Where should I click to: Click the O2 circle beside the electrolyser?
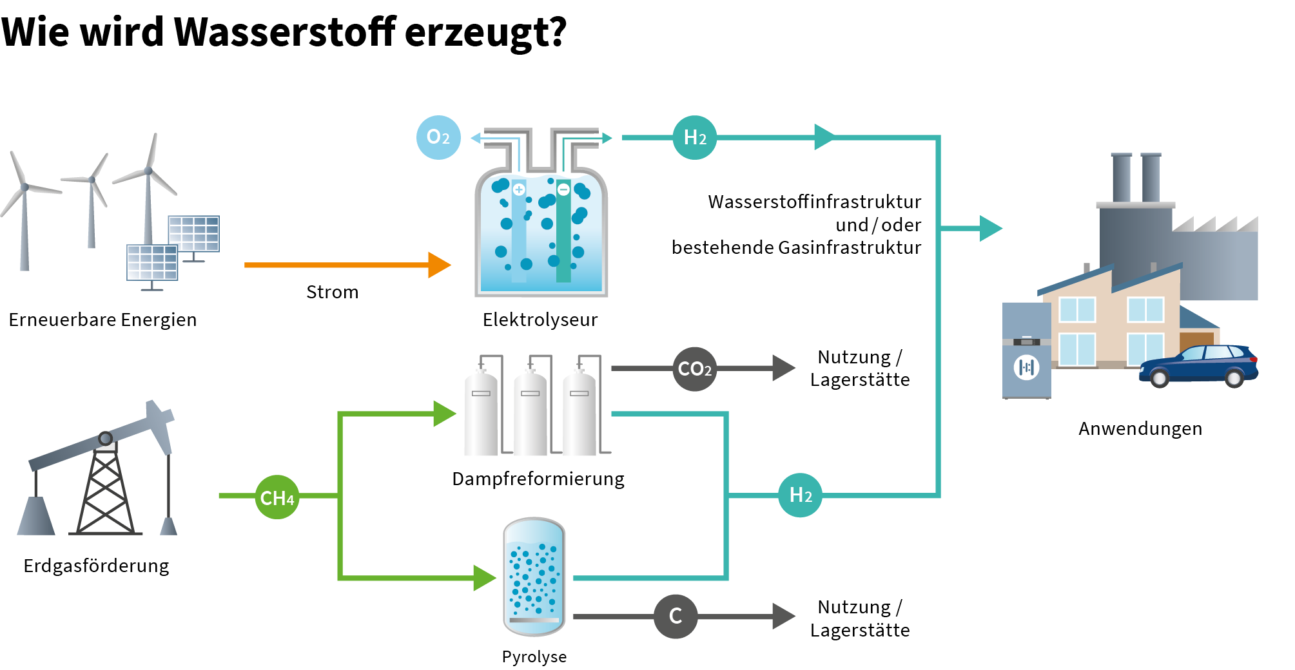point(438,137)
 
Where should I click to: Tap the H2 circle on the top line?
point(694,137)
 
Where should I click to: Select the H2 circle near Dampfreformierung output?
point(800,495)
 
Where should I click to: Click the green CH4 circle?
point(277,497)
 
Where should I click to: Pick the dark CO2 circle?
point(694,369)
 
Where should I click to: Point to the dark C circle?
point(675,617)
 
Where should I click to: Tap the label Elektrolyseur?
point(540,320)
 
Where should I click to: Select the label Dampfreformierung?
point(538,479)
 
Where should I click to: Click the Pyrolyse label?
point(534,656)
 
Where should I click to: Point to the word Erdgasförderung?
point(96,566)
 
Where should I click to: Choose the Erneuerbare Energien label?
point(102,320)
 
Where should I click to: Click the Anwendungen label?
point(1140,428)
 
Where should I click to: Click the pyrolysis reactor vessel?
point(534,577)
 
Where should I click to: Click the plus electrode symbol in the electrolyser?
point(519,189)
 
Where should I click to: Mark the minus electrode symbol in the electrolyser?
point(563,189)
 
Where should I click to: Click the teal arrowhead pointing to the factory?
point(991,228)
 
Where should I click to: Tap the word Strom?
point(332,292)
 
